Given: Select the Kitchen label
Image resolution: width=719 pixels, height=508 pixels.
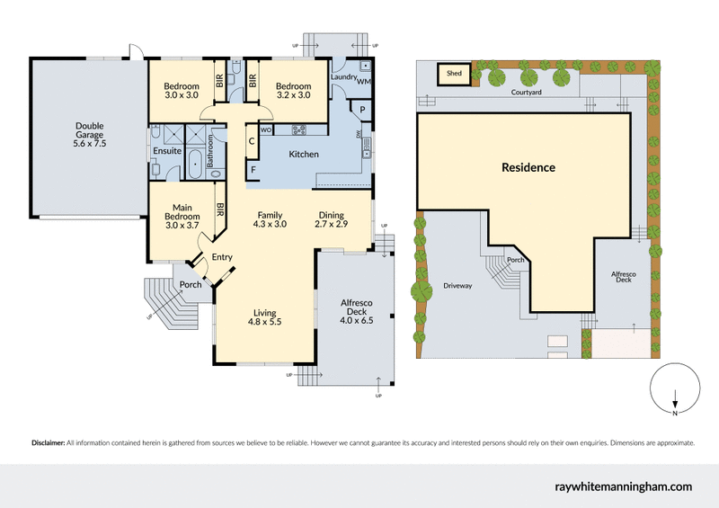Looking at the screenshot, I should coord(303,155).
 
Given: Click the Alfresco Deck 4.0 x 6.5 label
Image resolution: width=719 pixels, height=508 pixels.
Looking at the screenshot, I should coord(358,311).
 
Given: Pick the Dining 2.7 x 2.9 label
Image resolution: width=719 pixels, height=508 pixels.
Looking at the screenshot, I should coord(333,219).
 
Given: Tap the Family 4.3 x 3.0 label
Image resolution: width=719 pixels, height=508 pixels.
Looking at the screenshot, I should coord(271,219).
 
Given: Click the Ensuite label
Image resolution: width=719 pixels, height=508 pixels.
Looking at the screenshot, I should coord(166,151).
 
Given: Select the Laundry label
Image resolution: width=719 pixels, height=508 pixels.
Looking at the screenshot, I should coord(343,78).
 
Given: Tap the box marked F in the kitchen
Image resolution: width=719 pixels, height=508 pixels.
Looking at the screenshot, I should coord(253,170).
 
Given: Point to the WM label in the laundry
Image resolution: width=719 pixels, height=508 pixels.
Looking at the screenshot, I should coord(364,82).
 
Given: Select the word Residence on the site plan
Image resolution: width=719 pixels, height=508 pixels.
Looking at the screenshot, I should coord(528,167).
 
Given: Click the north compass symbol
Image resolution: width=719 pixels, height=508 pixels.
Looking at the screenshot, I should coord(674,391).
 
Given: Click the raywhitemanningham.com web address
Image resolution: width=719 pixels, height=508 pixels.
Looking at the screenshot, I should coord(624,486).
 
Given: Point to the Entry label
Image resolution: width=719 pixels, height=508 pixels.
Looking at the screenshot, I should coord(221,257).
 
